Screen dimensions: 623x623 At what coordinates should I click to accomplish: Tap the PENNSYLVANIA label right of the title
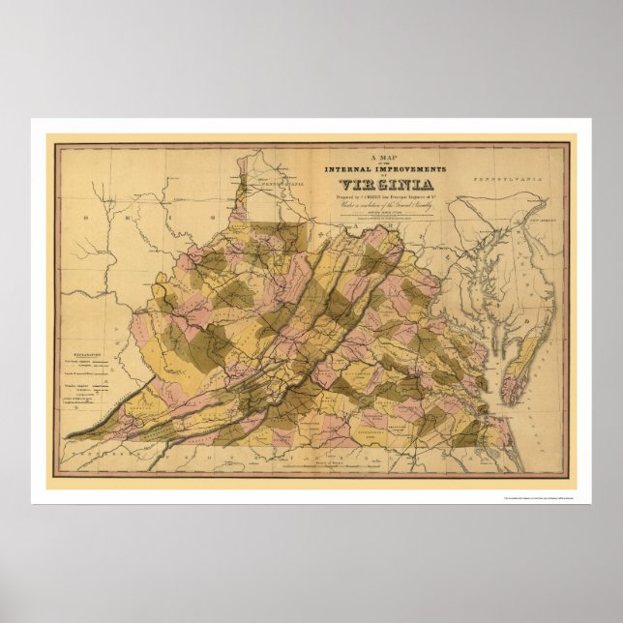click(x=503, y=180)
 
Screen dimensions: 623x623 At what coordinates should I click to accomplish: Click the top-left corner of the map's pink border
click(x=55, y=144)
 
